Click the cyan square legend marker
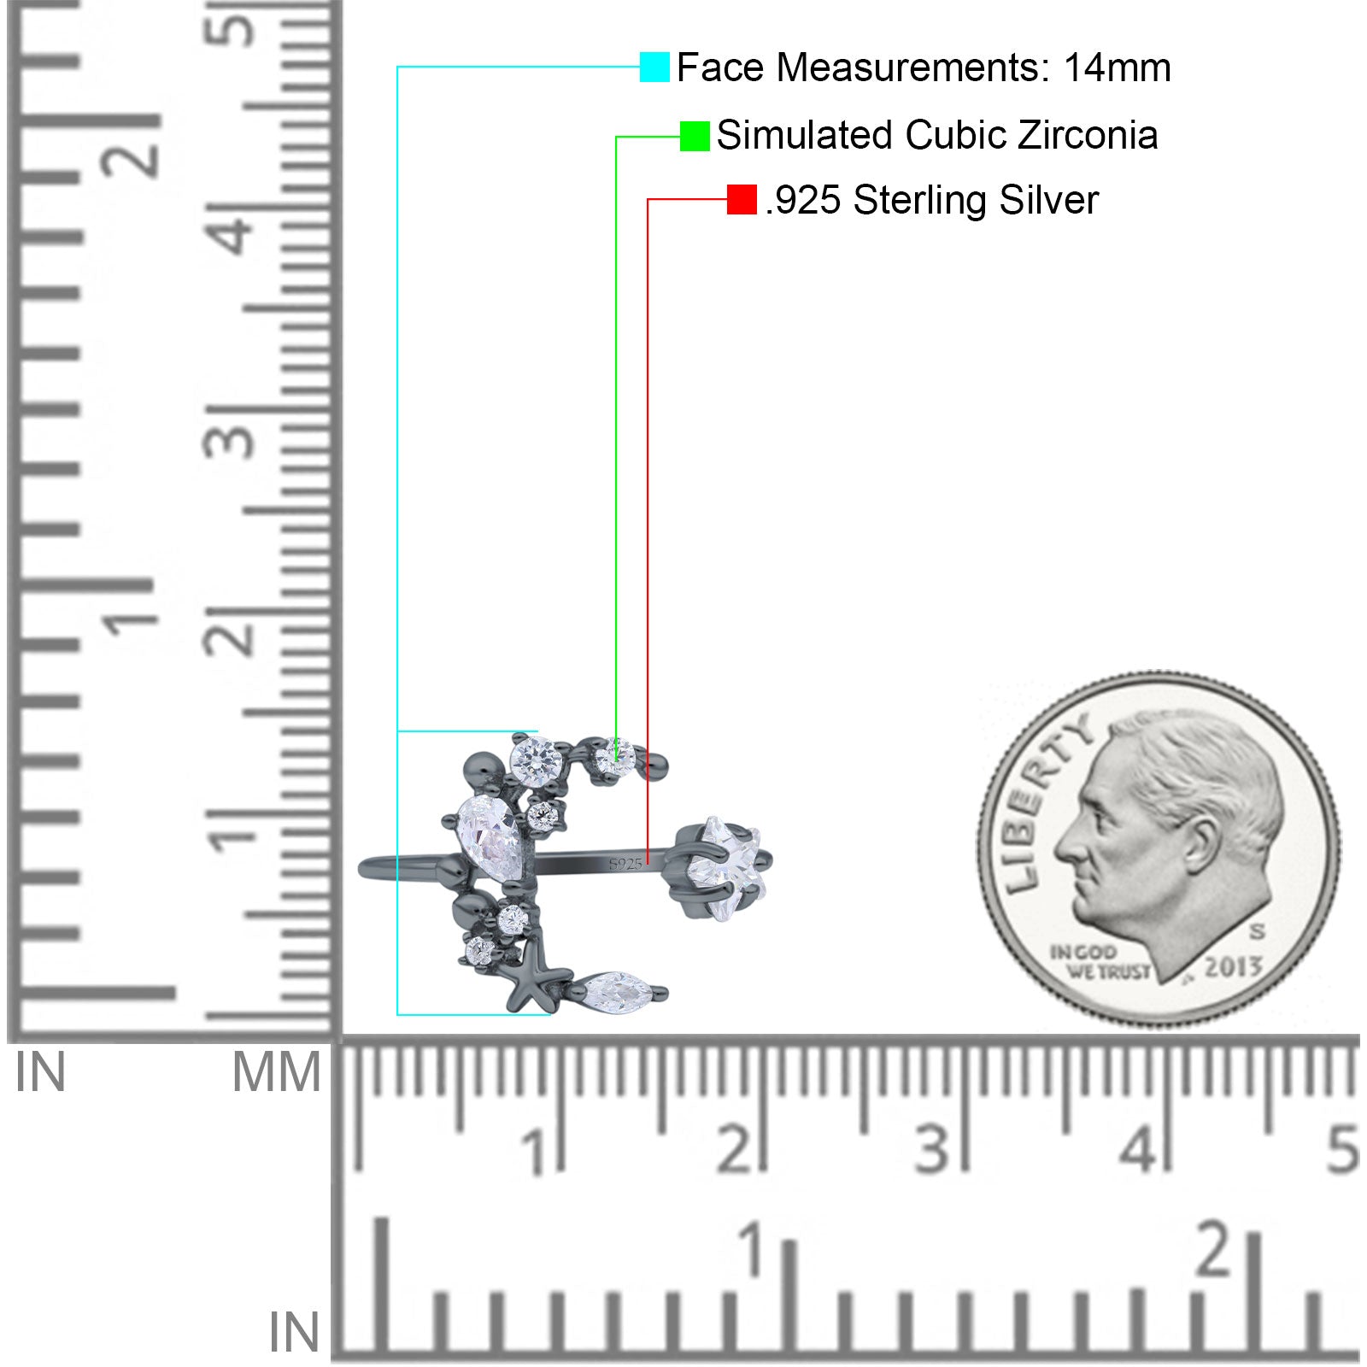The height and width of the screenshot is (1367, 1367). [654, 67]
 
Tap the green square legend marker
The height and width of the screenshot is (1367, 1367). [695, 136]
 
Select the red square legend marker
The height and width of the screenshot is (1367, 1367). [742, 200]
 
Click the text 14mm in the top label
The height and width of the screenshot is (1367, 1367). [1117, 67]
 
